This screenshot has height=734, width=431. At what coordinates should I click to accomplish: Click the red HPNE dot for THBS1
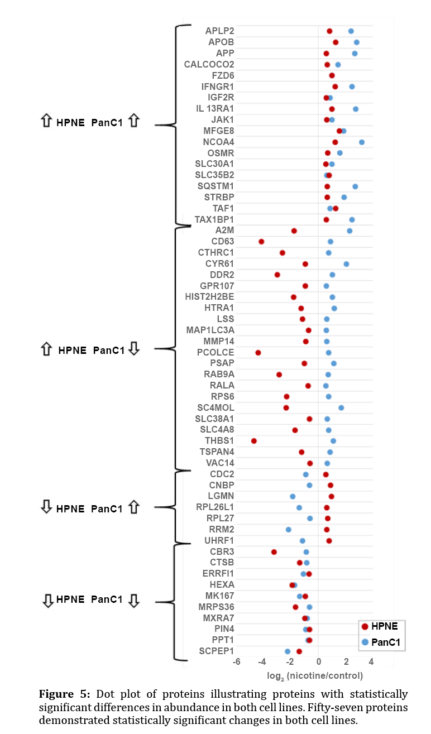254,441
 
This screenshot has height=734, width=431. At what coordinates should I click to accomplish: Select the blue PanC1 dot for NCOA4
362,142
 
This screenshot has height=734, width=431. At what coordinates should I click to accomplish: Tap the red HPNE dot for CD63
261,242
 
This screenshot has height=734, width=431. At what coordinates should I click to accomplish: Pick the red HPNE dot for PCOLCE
258,353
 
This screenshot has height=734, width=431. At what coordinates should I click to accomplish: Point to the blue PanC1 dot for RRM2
289,530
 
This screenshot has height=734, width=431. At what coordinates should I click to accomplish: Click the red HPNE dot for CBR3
274,552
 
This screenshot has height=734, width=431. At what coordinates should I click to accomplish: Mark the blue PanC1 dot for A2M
349,231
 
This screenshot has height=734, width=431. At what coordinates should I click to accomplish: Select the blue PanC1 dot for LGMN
293,496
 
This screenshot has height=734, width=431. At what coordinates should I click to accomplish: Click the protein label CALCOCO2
209,64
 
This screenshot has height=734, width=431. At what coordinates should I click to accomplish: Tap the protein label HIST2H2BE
209,296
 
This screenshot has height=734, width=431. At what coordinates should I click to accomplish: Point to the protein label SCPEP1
216,651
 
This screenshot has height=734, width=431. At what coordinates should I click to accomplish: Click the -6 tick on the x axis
237,662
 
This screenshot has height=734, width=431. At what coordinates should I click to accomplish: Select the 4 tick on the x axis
371,662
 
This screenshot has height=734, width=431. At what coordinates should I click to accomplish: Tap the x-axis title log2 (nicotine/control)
315,676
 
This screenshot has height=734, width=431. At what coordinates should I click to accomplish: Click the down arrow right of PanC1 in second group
134,349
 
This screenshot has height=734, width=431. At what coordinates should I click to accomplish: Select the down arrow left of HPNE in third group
47,507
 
